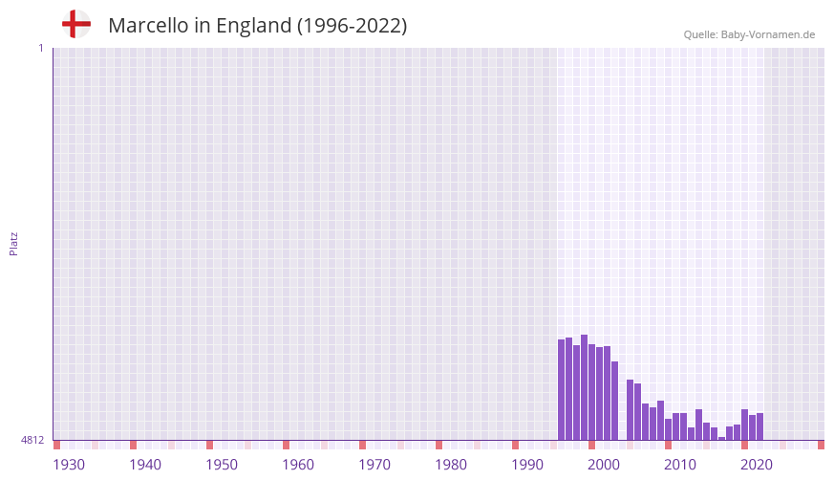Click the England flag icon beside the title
pos(76,24)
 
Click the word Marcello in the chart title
pos(148,26)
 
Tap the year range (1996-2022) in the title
pos(352,26)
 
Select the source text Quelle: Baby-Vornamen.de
pos(749,35)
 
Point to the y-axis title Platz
pos(13,243)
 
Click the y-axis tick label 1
pos(40,48)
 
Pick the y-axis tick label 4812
pos(32,440)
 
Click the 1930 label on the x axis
pos(69,465)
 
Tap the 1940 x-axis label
pos(145,465)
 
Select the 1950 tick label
pos(222,465)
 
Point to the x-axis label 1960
pos(298,465)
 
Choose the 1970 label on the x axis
pos(374,465)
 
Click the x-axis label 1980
pos(451,465)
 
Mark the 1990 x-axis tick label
pos(527,465)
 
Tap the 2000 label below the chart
pos(604,465)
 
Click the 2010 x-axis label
pos(680,465)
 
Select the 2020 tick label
pos(757,465)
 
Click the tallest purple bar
pos(584,387)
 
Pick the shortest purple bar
pos(721,438)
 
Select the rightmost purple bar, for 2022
pos(759,426)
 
